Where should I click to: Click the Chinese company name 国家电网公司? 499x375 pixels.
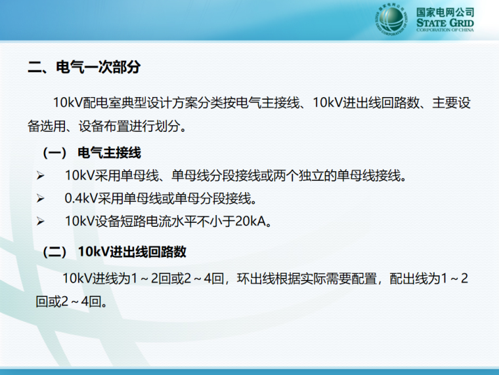point(445,11)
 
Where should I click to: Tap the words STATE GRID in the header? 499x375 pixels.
point(445,23)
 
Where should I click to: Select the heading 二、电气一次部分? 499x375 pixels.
point(83,67)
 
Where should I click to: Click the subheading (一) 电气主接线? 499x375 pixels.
point(92,153)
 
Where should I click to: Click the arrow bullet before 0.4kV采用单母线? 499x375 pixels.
point(40,199)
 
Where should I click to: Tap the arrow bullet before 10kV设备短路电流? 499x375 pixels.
point(40,222)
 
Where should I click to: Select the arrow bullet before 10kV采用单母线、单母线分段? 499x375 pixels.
point(40,176)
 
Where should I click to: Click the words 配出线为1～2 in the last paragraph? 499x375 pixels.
point(429,278)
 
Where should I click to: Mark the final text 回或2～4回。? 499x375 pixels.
point(72,302)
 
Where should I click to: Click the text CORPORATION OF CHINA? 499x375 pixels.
point(445,30)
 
